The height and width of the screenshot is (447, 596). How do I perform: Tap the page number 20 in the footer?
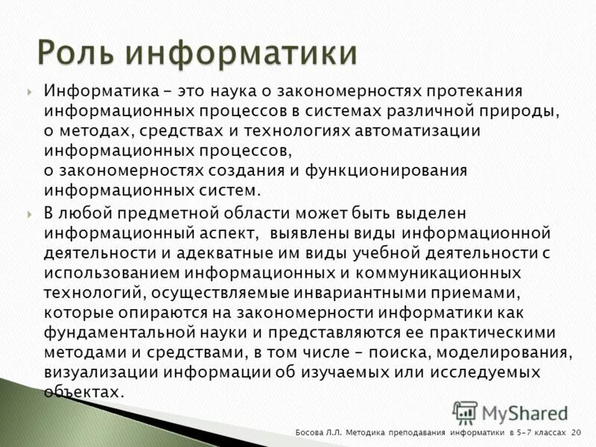[576, 433]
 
